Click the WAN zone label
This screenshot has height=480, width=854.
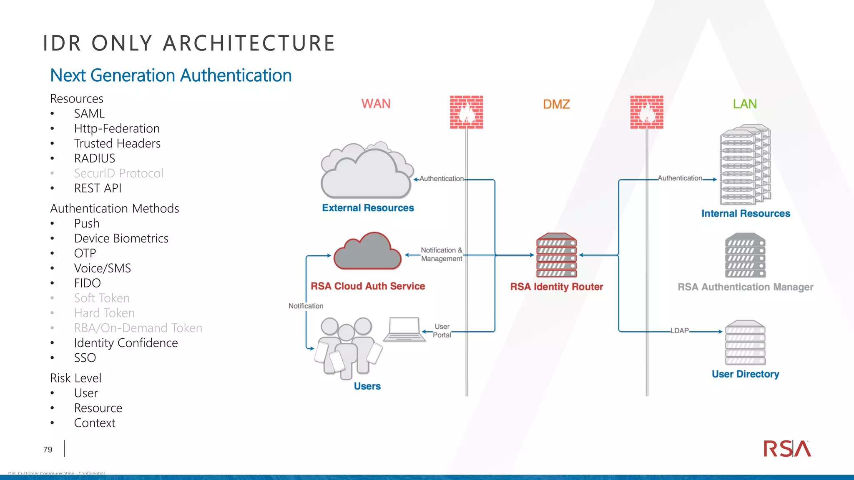click(376, 104)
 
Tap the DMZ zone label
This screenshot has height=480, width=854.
click(556, 104)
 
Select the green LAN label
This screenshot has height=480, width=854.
click(745, 104)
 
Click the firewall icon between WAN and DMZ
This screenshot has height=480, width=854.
click(466, 112)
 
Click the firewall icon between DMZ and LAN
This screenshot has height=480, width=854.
click(646, 112)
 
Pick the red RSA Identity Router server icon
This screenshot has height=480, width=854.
click(556, 255)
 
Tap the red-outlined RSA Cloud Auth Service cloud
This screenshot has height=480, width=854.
click(367, 252)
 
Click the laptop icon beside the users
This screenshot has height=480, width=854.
click(404, 329)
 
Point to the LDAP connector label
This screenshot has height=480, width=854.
click(679, 331)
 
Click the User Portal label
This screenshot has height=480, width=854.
click(442, 331)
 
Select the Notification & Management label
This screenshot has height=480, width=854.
click(441, 254)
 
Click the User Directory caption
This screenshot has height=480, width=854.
click(745, 374)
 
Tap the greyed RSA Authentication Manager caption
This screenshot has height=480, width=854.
click(745, 287)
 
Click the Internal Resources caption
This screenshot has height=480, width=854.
click(745, 214)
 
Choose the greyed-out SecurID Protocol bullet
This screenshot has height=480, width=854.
click(118, 173)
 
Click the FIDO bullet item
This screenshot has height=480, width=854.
click(87, 283)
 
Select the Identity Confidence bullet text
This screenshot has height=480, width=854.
click(126, 343)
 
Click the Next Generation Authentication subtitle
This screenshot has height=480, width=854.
click(171, 75)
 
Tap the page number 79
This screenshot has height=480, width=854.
click(48, 450)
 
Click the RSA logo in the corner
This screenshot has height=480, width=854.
click(787, 449)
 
